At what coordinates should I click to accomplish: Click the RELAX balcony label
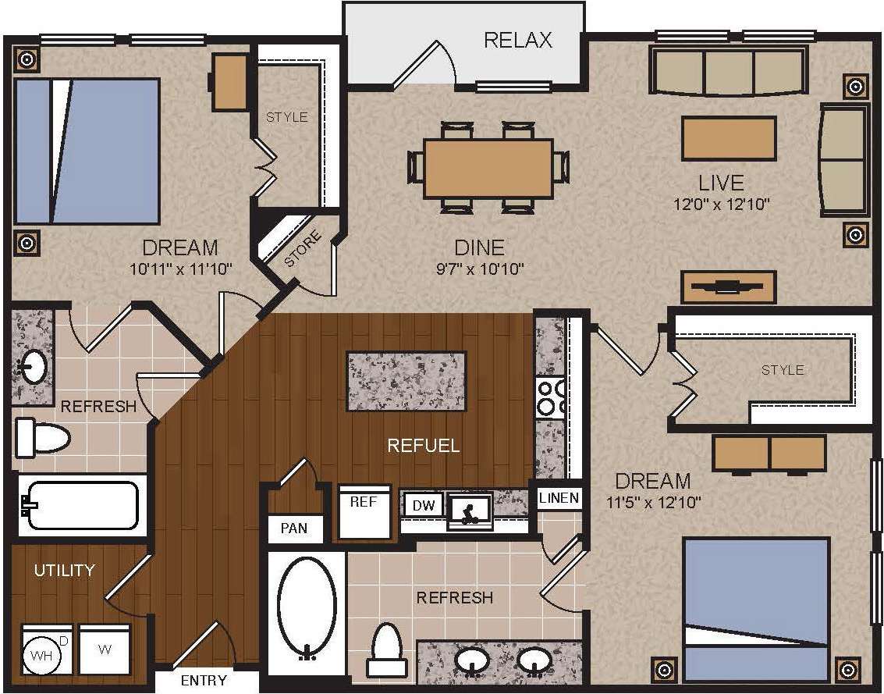[x=517, y=40]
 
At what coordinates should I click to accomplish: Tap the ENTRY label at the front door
[x=204, y=680]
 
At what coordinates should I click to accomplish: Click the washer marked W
[x=104, y=650]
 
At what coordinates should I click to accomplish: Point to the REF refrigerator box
[x=363, y=511]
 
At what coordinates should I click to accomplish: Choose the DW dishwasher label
[x=422, y=506]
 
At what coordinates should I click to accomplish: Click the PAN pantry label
[x=293, y=529]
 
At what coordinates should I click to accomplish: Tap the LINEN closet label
[x=559, y=498]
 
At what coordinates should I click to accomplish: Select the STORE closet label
[x=300, y=250]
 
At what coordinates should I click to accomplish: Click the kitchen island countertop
[x=406, y=381]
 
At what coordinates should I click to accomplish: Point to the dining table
[x=488, y=168]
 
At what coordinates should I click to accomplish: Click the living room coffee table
[x=729, y=138]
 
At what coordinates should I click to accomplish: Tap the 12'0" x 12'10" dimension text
[x=722, y=205]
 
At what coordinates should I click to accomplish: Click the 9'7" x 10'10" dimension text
[x=480, y=269]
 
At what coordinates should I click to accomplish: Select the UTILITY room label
[x=64, y=571]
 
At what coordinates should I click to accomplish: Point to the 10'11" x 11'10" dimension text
[x=180, y=269]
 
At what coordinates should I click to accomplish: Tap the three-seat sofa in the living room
[x=727, y=72]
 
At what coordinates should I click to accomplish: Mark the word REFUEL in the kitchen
[x=424, y=446]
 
